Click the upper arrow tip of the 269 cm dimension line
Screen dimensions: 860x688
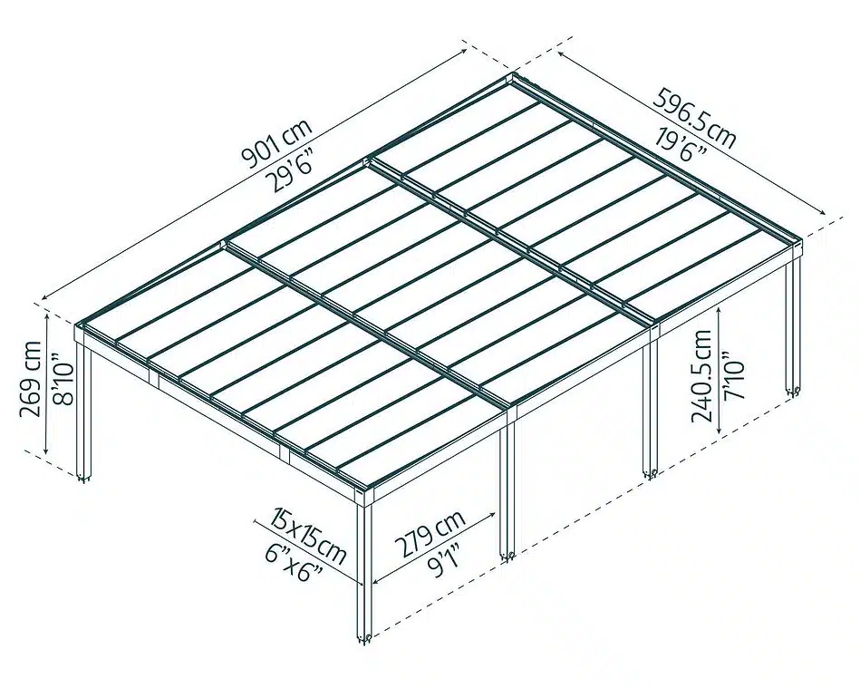[46, 312]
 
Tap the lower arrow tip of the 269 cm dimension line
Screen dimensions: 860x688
[46, 455]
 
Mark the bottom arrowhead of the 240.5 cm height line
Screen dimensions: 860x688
[720, 435]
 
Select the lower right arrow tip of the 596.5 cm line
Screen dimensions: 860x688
[826, 215]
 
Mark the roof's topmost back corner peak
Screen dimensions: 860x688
[514, 73]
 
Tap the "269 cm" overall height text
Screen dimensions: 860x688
[30, 379]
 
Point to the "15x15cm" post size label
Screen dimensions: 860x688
[308, 536]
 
